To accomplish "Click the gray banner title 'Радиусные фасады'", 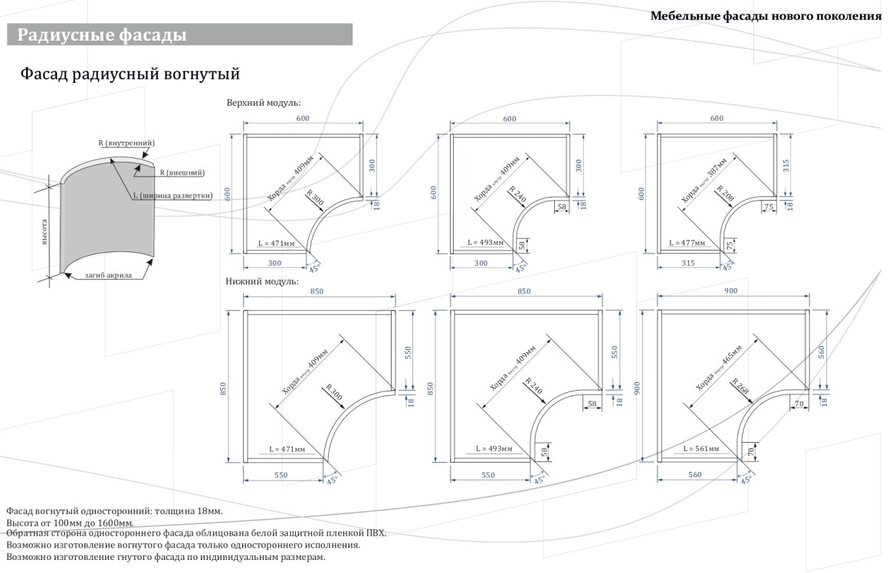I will pyautogui.click(x=102, y=34).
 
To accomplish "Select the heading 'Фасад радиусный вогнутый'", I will pyautogui.click(x=130, y=74).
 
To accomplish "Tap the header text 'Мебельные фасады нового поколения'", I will pyautogui.click(x=766, y=16).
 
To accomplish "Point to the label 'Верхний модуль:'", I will pyautogui.click(x=263, y=102).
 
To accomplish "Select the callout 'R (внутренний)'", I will pyautogui.click(x=126, y=143).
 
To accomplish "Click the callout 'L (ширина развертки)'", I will pyautogui.click(x=172, y=195).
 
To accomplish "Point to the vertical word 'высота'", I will pyautogui.click(x=45, y=231).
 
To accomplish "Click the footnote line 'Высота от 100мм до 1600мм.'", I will pyautogui.click(x=70, y=523).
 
